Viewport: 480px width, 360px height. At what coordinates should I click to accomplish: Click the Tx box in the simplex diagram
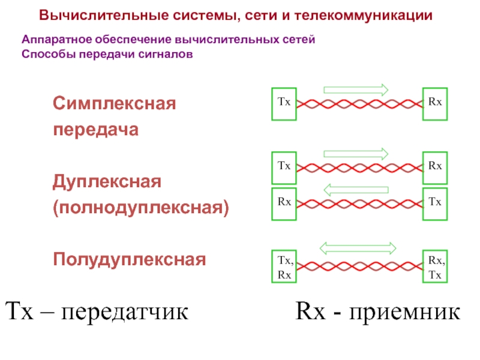tap(284, 103)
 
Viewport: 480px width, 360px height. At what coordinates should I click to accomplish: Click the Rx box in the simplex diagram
tap(436, 103)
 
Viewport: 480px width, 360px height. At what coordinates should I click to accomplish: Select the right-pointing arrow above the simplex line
tap(356, 89)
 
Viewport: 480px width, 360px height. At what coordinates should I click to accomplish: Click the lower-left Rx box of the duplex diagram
tap(284, 203)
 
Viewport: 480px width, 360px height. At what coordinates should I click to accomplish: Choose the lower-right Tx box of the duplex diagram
tap(436, 203)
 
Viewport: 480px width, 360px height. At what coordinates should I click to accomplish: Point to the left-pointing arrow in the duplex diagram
tap(356, 190)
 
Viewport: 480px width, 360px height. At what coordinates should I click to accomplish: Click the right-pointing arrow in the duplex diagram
tap(356, 154)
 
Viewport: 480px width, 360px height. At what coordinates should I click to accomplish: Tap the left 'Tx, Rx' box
tap(284, 267)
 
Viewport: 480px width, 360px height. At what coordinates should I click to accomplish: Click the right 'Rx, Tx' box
tap(436, 267)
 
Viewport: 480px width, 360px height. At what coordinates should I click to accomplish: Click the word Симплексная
tap(114, 103)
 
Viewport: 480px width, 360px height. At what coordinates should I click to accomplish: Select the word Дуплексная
tap(107, 181)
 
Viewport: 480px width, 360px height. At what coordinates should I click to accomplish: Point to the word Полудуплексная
tap(129, 260)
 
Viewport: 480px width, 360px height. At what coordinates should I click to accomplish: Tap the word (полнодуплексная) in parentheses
tap(141, 209)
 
